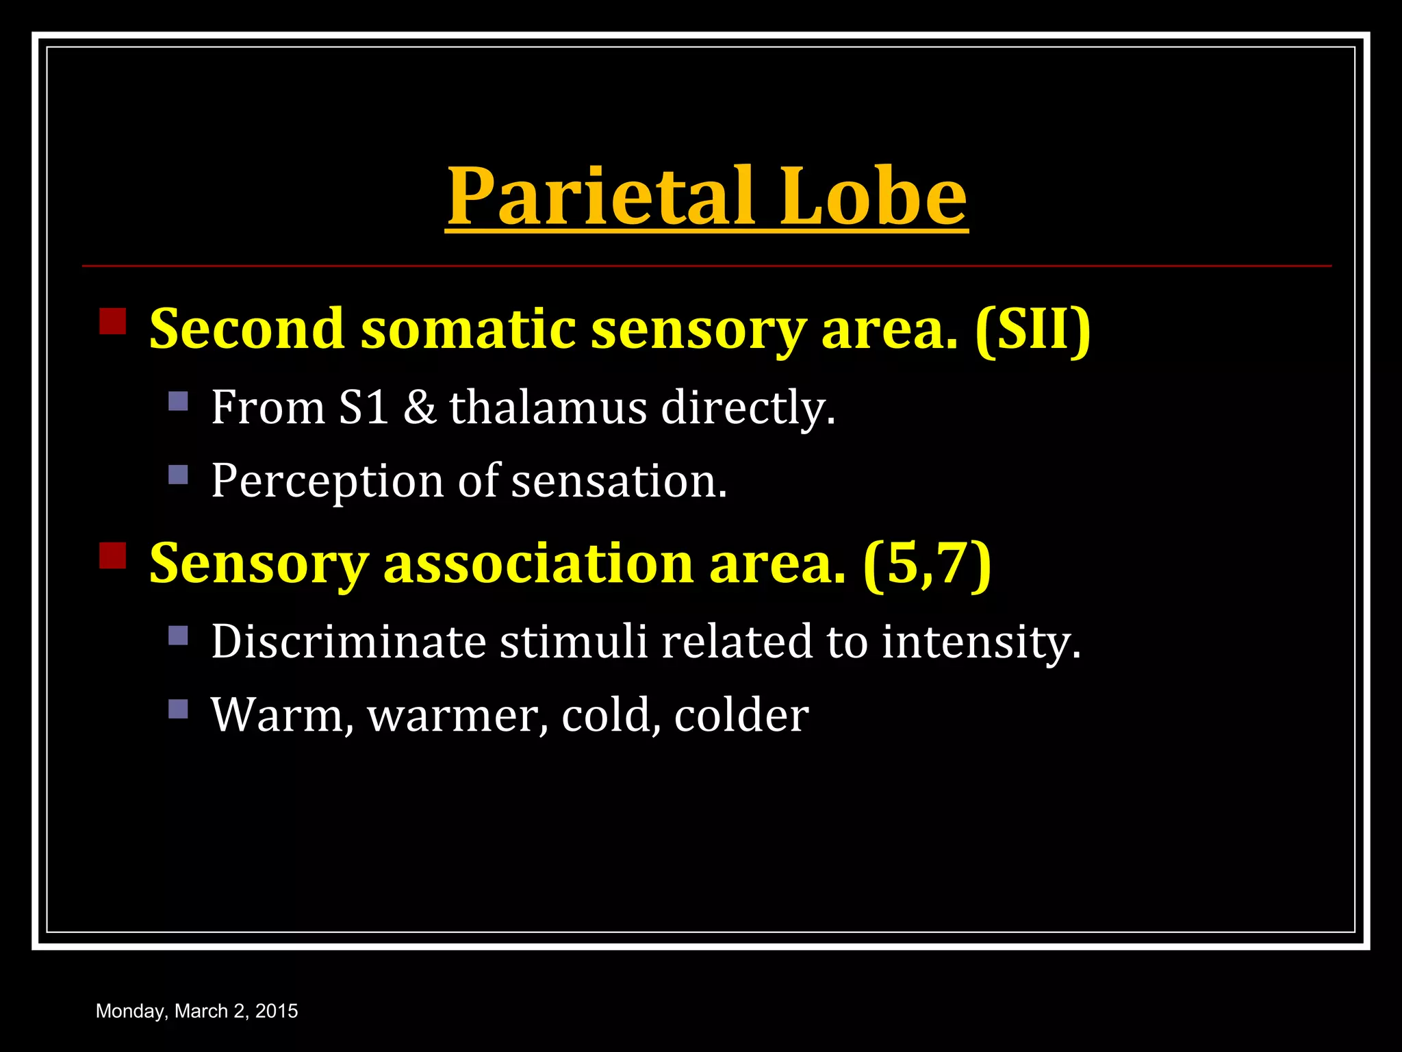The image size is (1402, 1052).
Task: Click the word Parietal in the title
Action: click(601, 197)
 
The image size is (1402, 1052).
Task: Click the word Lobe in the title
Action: click(874, 197)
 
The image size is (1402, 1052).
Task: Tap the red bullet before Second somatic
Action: click(113, 321)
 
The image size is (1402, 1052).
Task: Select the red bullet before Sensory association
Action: click(113, 555)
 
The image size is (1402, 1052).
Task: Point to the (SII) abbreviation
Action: click(1033, 329)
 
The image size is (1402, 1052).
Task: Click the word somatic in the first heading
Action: click(468, 329)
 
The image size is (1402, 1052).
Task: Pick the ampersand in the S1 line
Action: click(419, 408)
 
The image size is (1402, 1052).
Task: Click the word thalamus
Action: click(548, 408)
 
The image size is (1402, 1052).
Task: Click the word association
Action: click(539, 564)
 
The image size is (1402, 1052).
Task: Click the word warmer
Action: click(457, 716)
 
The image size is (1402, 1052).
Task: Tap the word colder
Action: click(741, 716)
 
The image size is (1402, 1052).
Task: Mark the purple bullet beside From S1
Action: click(178, 401)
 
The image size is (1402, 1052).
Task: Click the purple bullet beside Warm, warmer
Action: click(178, 708)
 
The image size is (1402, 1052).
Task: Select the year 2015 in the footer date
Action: click(277, 1011)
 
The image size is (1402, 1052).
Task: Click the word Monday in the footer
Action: click(131, 1011)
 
